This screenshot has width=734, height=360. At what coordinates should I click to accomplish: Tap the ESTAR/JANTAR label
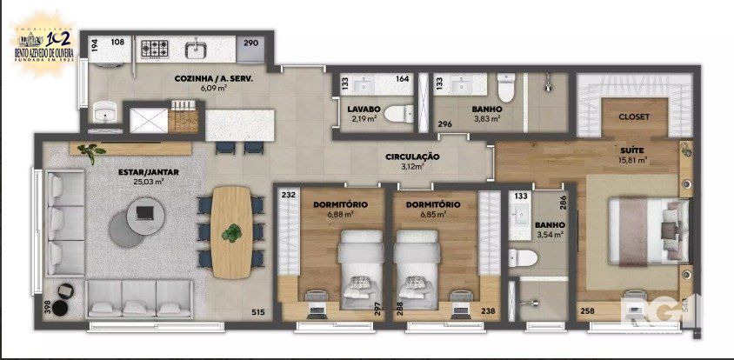149,172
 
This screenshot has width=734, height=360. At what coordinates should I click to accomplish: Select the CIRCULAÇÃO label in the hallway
413,157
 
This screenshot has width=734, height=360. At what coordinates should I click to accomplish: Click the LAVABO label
364,109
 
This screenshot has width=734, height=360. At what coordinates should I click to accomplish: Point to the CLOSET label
633,117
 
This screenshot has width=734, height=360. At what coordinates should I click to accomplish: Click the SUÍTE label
631,150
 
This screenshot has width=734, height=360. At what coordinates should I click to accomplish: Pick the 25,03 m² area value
149,182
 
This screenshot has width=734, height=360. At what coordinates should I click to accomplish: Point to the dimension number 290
250,43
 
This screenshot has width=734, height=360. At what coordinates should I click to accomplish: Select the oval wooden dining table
231,231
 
